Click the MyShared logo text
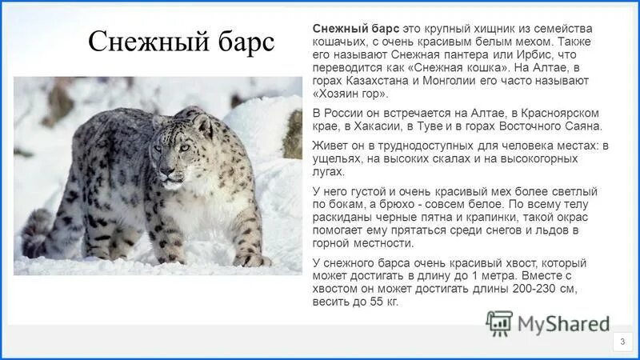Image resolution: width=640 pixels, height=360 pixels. click(563, 324)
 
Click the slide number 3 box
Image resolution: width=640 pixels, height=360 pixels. click(622, 342)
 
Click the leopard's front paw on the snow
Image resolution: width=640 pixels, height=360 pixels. click(250, 260)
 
